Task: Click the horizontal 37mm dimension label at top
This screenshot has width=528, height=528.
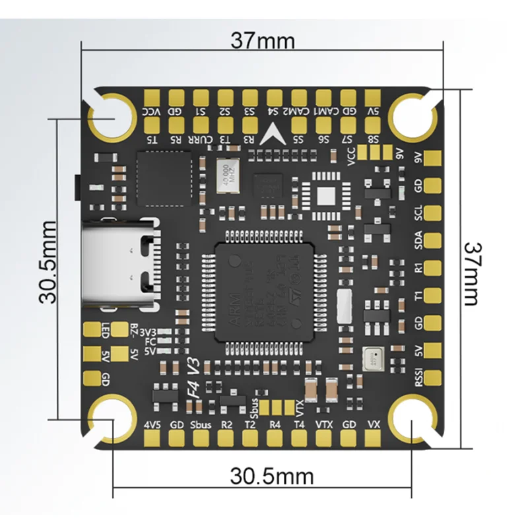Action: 262,40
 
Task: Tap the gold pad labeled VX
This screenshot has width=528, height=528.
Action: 374,438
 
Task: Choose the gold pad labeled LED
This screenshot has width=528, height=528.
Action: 90,328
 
